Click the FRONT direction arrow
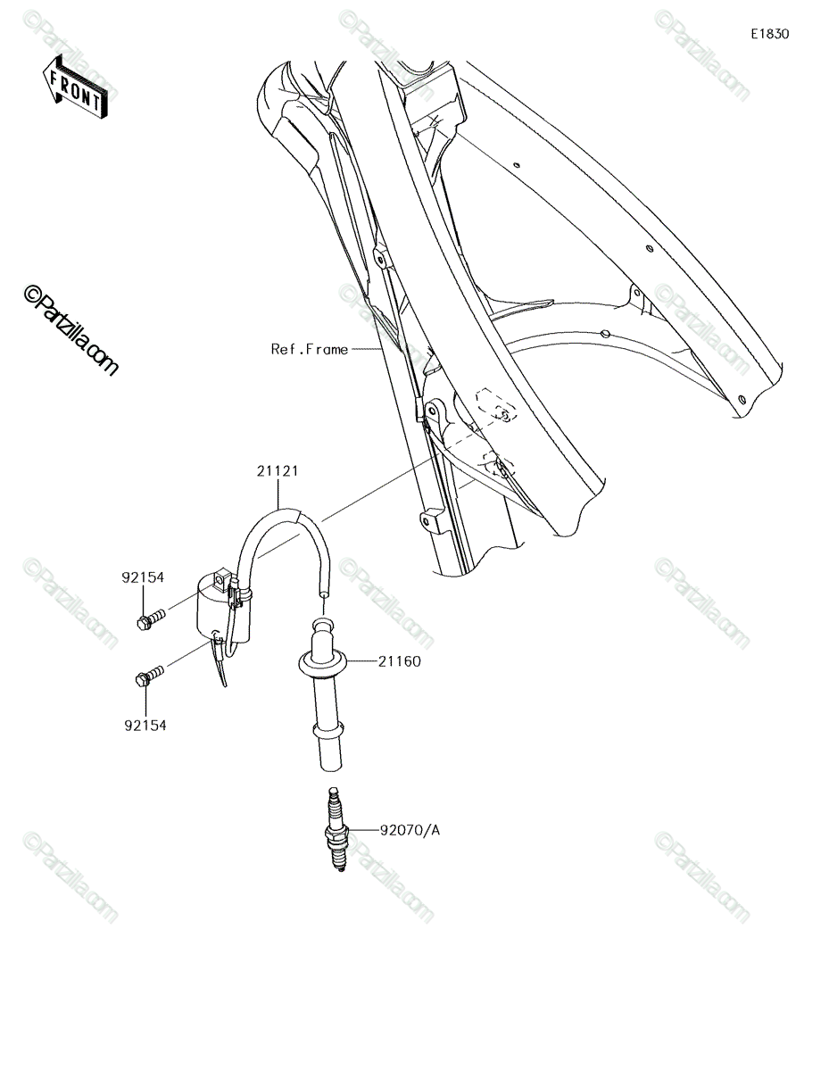(x=75, y=87)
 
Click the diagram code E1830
(x=769, y=34)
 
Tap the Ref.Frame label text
(x=310, y=350)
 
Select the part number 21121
(x=278, y=471)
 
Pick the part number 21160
(x=400, y=661)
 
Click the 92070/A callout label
(x=410, y=831)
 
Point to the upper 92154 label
(x=143, y=577)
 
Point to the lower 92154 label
(x=145, y=725)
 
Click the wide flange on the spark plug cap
(x=323, y=662)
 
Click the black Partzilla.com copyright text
(x=70, y=331)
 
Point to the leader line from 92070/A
(x=363, y=831)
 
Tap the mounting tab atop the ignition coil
(x=223, y=575)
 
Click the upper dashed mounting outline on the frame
(x=496, y=405)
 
